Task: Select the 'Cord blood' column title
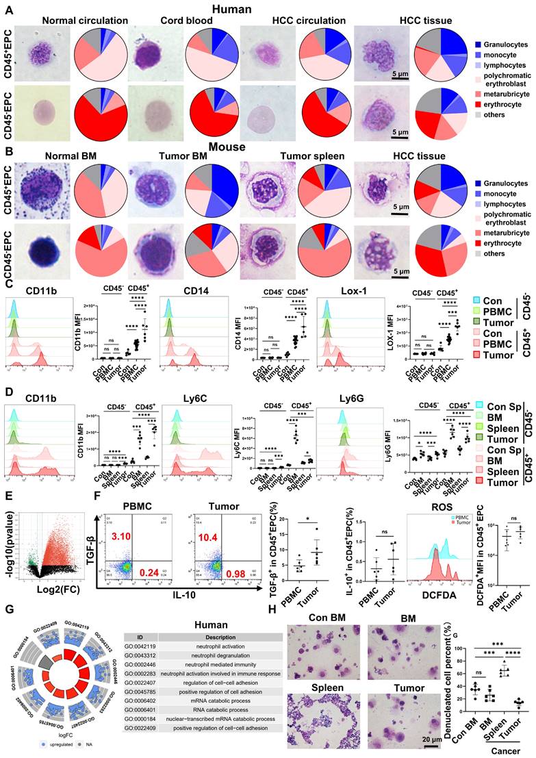(x=179, y=21)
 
